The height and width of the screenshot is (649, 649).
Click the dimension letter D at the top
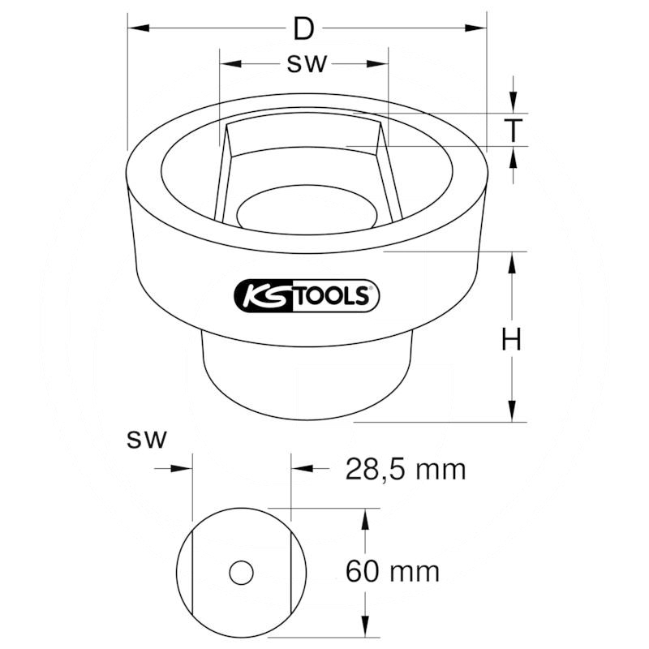click(303, 29)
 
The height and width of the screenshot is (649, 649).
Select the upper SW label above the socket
click(307, 64)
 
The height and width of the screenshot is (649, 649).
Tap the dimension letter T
click(513, 130)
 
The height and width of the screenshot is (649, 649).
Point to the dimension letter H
click(512, 339)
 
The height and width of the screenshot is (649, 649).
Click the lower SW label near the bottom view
click(147, 439)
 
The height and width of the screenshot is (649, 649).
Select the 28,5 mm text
click(406, 470)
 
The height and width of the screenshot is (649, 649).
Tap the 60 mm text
click(393, 572)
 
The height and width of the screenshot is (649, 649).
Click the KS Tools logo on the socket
click(307, 295)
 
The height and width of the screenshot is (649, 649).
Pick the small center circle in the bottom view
click(241, 573)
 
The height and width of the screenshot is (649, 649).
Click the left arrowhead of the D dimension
click(138, 28)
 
